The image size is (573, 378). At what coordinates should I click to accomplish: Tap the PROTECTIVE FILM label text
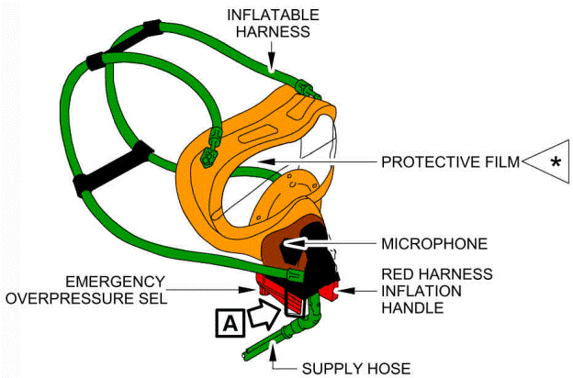(x=449, y=162)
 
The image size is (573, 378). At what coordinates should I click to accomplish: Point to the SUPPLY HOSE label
(x=355, y=368)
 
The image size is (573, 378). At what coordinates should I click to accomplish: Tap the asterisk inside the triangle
(x=554, y=162)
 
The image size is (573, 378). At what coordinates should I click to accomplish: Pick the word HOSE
(x=386, y=368)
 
